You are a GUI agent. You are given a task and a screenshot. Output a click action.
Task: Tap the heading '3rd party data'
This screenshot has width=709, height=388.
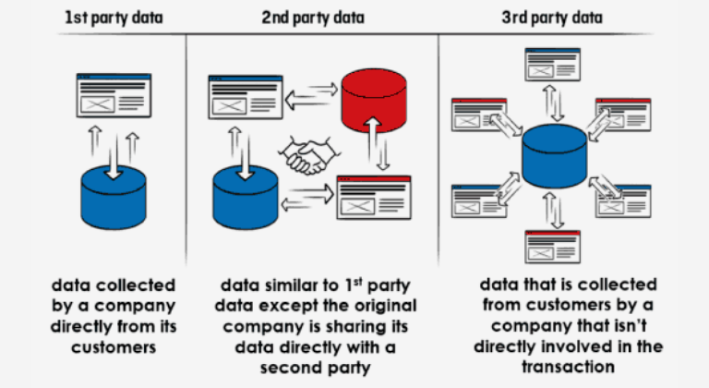point(553,17)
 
